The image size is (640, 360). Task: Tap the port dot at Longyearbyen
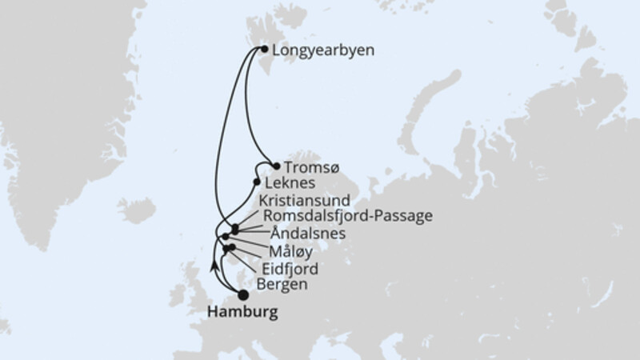tap(265, 49)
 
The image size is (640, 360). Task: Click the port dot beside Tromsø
tap(277, 166)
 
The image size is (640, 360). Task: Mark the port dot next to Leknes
tap(257, 182)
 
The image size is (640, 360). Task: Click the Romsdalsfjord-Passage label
tap(342, 216)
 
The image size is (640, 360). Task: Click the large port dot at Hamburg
tap(243, 294)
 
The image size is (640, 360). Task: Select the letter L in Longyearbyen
tap(277, 50)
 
